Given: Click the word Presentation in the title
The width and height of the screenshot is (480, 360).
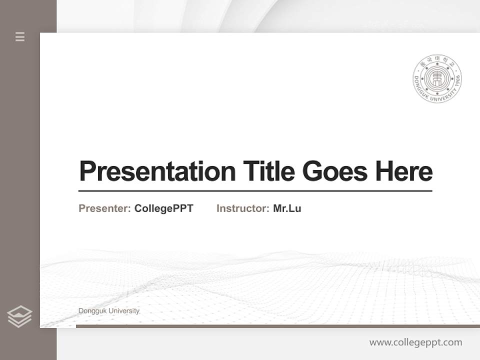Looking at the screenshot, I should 157,171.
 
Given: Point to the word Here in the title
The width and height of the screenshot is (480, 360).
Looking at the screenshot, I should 404,171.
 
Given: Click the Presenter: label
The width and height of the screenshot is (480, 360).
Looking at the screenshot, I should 105,208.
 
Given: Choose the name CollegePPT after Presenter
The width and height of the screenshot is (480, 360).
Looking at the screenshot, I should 163,208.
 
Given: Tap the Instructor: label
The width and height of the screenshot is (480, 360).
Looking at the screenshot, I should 243,208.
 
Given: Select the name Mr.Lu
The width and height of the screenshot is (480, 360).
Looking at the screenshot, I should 287,208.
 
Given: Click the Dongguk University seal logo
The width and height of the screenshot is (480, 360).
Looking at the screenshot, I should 437,79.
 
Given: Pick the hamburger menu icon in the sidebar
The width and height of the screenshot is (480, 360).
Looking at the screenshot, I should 20,36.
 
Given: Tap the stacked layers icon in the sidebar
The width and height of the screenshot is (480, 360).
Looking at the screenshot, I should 19,316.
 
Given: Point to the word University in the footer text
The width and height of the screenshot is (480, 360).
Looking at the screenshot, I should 124,311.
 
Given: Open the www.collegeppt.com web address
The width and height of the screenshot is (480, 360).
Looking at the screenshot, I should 415,342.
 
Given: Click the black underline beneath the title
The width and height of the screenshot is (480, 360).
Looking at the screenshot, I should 255,191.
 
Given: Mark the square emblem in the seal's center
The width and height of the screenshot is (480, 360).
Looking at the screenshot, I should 437,79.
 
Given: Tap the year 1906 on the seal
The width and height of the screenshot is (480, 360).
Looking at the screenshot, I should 455,90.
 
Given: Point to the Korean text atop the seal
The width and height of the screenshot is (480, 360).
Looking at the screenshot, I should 437,61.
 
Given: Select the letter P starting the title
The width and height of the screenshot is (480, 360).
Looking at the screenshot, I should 86,171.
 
